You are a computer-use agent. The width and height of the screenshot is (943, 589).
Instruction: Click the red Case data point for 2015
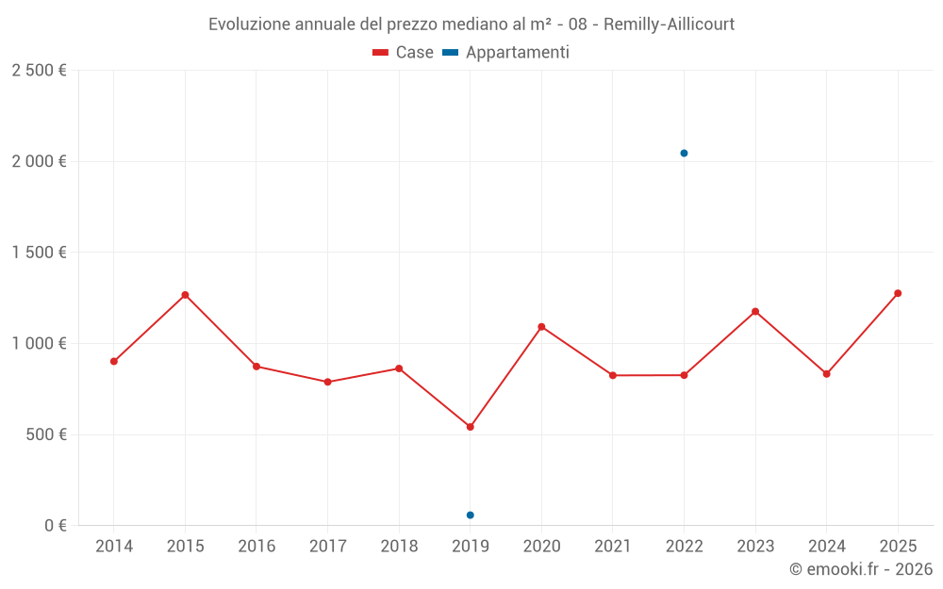185,295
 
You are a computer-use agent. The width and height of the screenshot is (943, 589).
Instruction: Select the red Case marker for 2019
471,427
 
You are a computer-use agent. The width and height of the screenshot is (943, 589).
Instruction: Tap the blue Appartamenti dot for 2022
684,153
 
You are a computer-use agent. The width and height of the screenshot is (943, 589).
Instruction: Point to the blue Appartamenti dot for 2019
471,515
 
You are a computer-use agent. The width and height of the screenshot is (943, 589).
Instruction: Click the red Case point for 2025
898,293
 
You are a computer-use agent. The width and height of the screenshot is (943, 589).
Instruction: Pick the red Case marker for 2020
541,327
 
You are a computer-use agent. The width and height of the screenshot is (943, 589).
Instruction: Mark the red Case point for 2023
755,312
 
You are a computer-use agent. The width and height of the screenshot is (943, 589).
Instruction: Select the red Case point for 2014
114,361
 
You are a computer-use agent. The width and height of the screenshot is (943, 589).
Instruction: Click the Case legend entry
404,53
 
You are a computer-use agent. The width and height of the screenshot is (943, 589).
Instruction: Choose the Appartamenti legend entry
506,53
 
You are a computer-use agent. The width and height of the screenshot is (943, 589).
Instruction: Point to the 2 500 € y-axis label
39,71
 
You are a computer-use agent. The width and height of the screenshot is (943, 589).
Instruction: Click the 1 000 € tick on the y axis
39,344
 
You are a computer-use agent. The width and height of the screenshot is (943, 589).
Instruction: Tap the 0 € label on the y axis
56,526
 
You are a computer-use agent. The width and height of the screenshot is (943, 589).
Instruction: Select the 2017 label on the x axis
327,547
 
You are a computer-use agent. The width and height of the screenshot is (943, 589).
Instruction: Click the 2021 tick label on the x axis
613,547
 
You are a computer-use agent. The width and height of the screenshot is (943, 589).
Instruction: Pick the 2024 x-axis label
827,547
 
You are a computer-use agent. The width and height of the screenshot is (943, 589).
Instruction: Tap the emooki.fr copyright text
860,569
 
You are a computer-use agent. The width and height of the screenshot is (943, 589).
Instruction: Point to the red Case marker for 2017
327,382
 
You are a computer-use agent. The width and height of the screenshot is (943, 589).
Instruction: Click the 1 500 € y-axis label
39,253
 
